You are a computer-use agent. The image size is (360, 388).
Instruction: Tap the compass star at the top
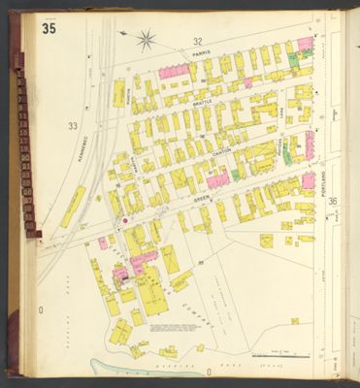tap(146, 40)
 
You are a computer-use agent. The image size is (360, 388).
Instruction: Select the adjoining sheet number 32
tap(197, 42)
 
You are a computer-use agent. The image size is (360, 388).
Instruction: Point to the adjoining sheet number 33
tap(72, 126)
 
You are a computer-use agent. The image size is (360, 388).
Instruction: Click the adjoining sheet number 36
tap(333, 201)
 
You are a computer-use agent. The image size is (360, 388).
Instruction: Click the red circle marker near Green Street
tap(125, 219)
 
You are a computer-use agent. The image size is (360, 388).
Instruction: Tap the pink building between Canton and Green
tap(215, 178)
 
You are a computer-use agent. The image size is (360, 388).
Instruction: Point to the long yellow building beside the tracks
tap(73, 207)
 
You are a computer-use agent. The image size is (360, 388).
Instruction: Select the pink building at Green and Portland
tap(308, 181)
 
